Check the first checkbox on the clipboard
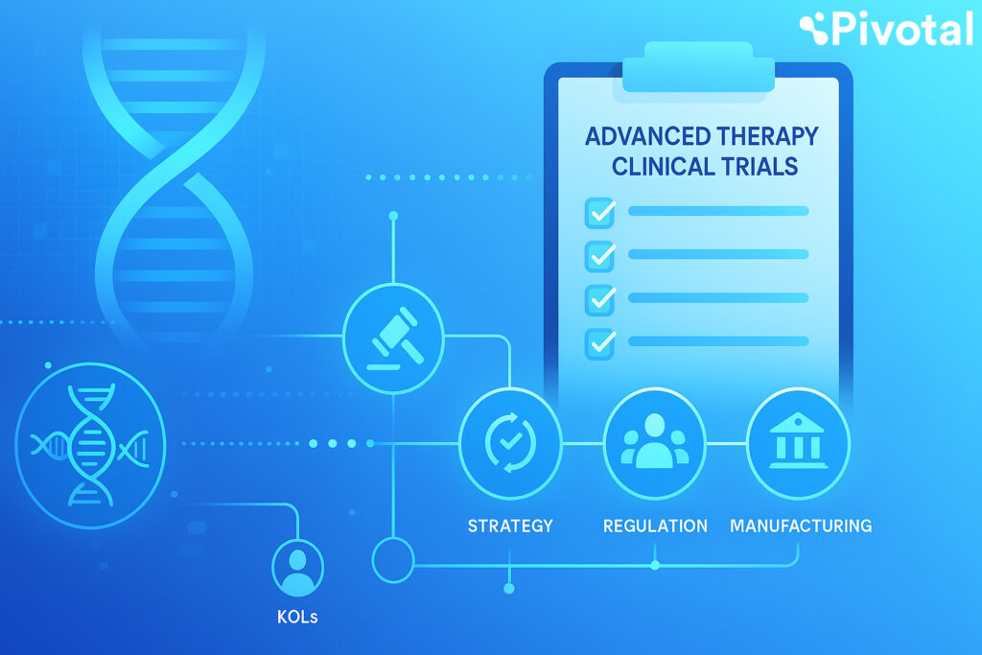599,212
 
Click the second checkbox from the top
599,255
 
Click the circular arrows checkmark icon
509,442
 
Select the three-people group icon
654,442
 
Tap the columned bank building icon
798,442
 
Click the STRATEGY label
510,526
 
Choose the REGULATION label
655,526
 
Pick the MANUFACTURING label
801,526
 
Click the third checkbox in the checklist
599,298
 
